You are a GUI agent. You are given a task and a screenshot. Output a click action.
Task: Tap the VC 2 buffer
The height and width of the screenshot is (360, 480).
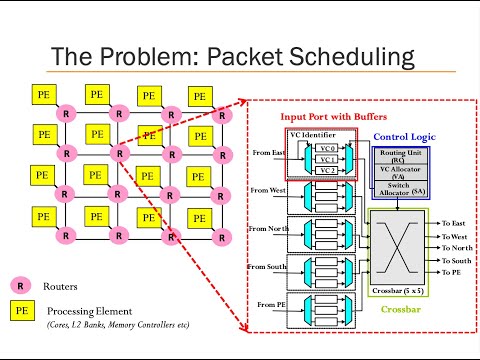click(326, 170)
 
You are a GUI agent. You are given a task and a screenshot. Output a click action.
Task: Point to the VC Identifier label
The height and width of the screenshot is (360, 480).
click(311, 133)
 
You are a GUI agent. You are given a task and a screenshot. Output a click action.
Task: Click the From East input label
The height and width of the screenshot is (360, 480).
click(269, 153)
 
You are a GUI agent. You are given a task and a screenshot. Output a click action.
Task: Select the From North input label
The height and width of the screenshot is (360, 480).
click(269, 228)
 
